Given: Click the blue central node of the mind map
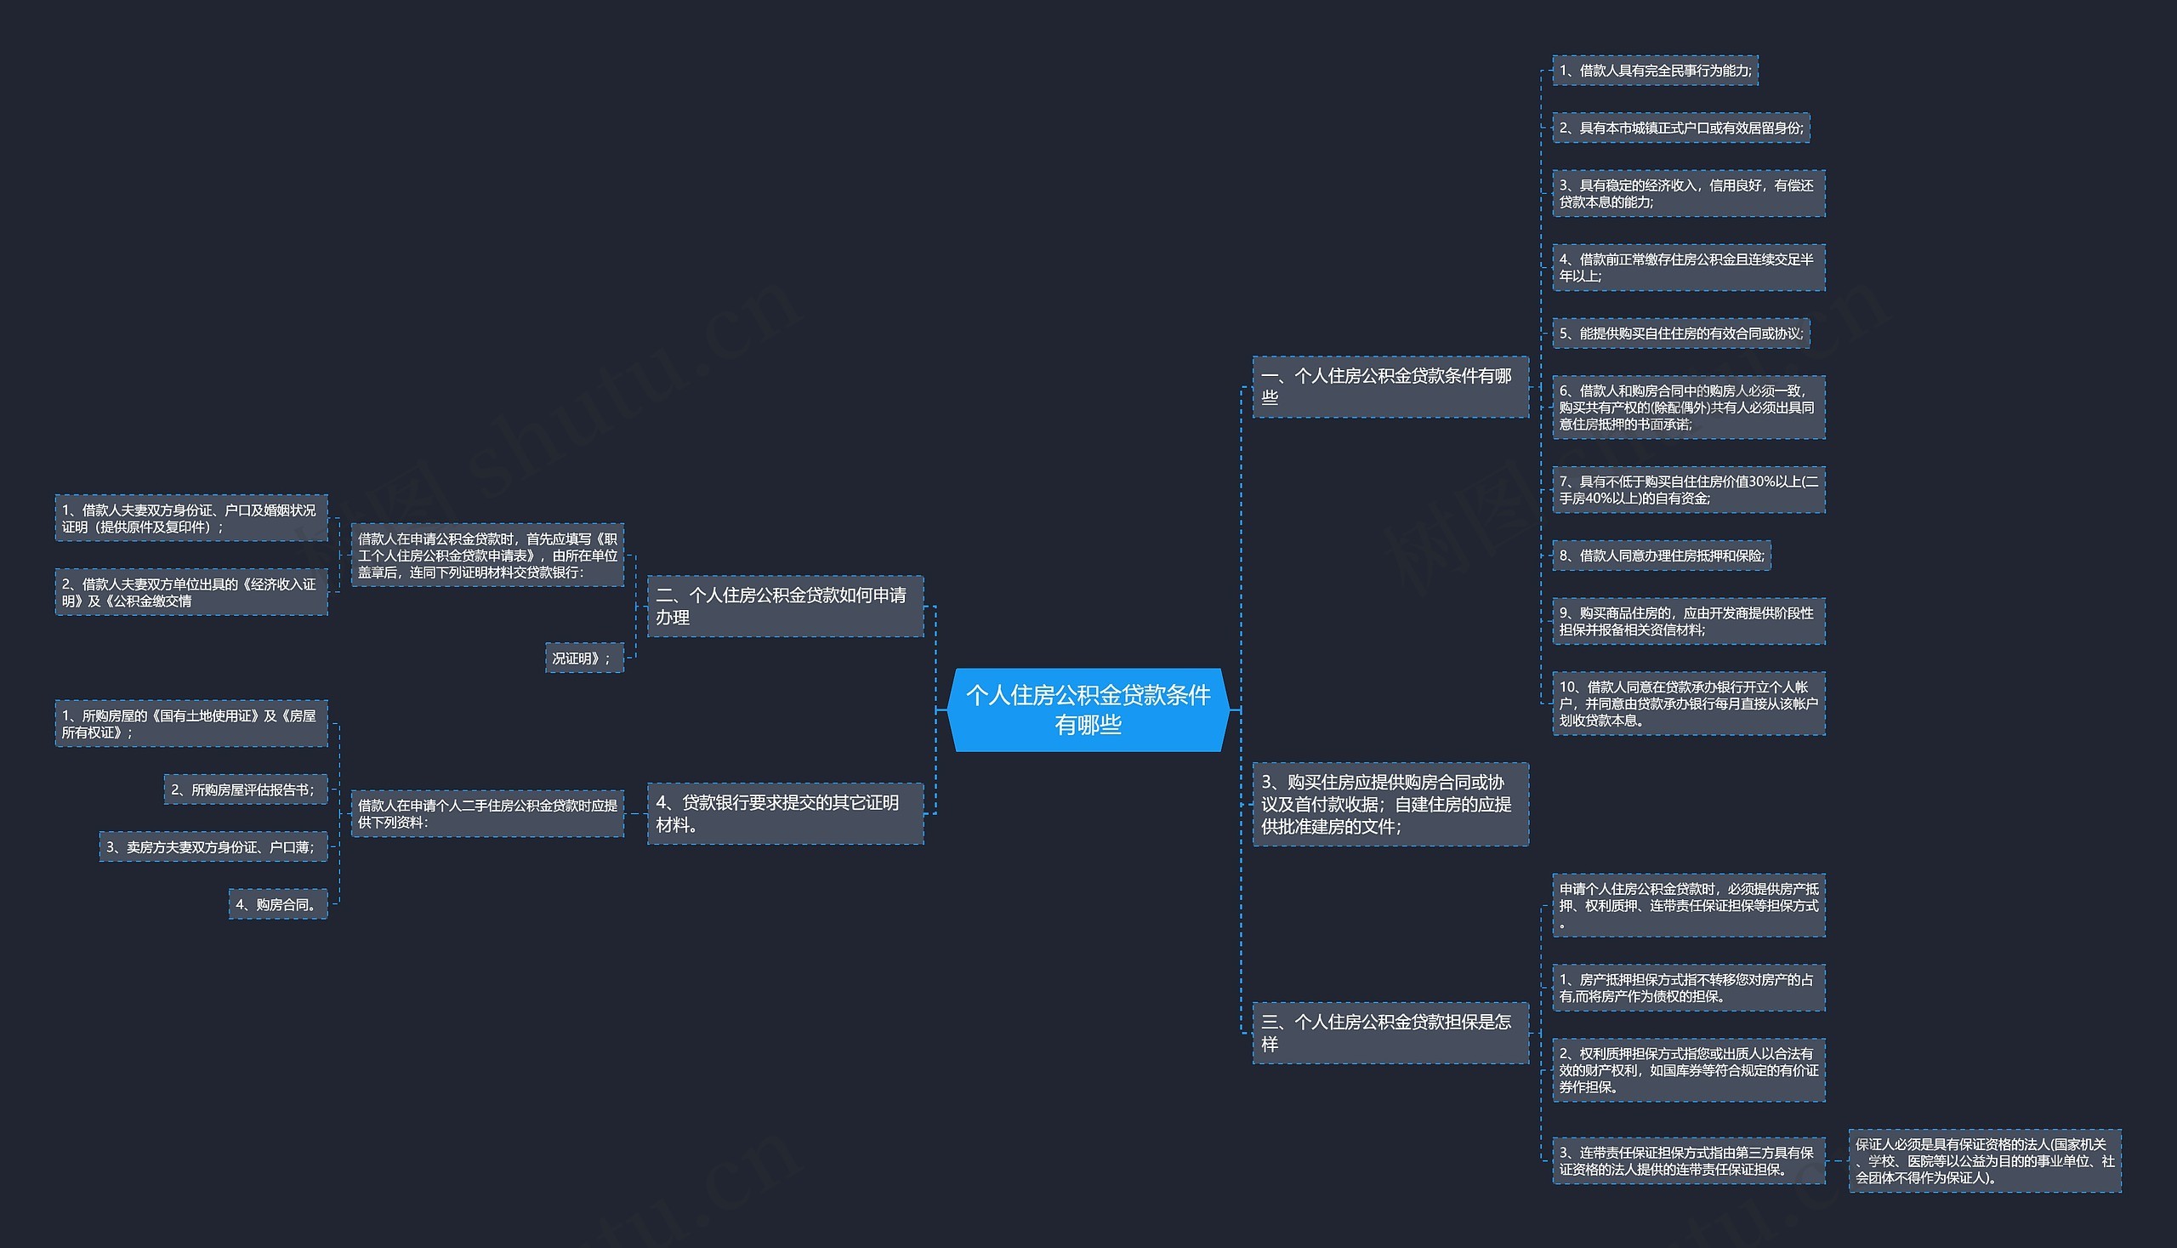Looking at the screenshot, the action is (x=1088, y=709).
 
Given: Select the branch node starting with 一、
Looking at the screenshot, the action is (x=1390, y=386).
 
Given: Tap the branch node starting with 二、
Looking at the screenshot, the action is (x=785, y=606).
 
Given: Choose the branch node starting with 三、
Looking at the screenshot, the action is (x=1390, y=1033).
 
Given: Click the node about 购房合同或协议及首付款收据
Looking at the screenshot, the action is (x=1390, y=804).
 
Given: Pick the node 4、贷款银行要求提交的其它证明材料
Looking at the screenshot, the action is (x=785, y=813).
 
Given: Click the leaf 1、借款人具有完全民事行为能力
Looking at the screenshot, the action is (x=1655, y=71).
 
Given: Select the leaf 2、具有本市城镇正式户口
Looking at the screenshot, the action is (x=1681, y=128).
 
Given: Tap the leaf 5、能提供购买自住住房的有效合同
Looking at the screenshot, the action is (x=1681, y=333).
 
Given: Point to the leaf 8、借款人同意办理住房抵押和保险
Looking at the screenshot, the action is (x=1661, y=556).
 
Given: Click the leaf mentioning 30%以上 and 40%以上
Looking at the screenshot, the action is (x=1689, y=489).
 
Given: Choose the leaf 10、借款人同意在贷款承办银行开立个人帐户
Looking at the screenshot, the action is (x=1689, y=703).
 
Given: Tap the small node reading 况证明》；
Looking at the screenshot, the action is (x=584, y=658).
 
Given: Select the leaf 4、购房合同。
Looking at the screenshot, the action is (x=277, y=903).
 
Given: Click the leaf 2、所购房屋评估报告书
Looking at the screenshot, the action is (x=245, y=789).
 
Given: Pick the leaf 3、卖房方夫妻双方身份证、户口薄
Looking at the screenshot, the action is (x=213, y=846).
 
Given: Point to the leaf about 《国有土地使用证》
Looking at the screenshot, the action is (x=191, y=723).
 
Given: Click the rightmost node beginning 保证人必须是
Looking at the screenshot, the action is (x=1985, y=1160).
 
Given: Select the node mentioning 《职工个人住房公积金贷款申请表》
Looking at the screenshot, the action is (x=487, y=555).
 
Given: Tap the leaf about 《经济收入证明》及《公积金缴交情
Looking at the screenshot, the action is (x=191, y=591).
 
